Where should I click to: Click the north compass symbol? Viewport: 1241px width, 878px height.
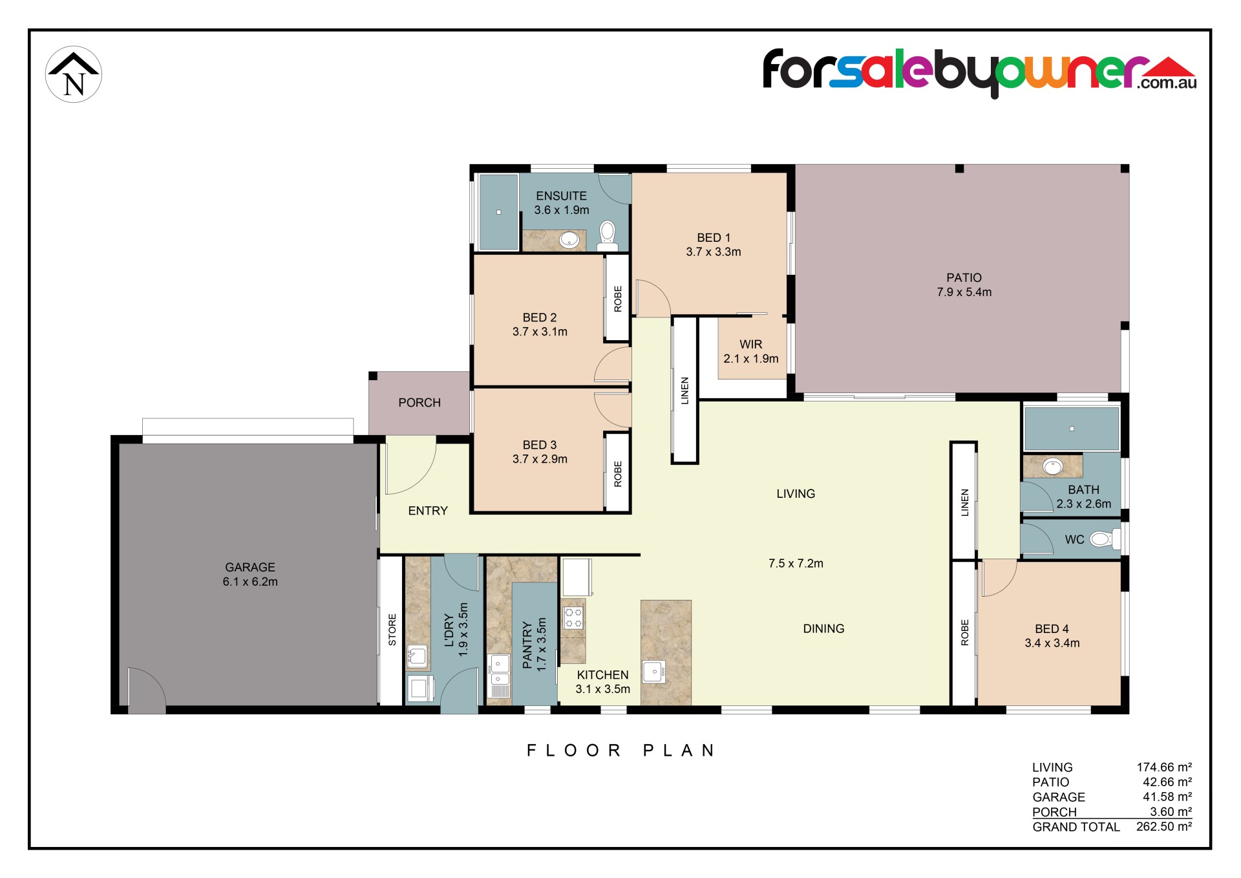pos(74,74)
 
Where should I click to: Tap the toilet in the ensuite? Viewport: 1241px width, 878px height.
pos(608,236)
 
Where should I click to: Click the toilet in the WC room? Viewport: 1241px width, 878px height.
pos(1105,539)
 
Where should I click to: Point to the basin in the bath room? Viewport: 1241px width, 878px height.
pos(1053,466)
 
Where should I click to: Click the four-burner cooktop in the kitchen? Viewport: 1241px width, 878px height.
pos(573,617)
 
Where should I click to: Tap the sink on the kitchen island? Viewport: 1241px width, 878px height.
pos(654,672)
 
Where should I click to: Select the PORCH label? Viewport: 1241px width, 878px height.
pos(419,403)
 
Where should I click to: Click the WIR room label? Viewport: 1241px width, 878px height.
pos(751,345)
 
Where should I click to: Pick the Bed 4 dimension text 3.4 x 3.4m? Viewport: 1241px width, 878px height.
pos(1052,643)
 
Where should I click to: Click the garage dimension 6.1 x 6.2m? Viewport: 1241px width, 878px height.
pos(250,582)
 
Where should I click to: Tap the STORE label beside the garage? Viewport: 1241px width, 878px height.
pos(392,630)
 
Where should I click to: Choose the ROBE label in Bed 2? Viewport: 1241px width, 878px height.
pos(618,299)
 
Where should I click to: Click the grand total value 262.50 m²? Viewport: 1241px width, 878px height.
pos(1164,826)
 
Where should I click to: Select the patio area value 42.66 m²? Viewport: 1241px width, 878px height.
pos(1167,782)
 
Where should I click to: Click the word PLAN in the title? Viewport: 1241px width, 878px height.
pos(679,751)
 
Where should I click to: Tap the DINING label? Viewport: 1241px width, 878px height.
pos(823,628)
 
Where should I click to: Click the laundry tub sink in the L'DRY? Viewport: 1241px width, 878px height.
pos(417,656)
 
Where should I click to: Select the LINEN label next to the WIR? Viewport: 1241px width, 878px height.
pos(685,391)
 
